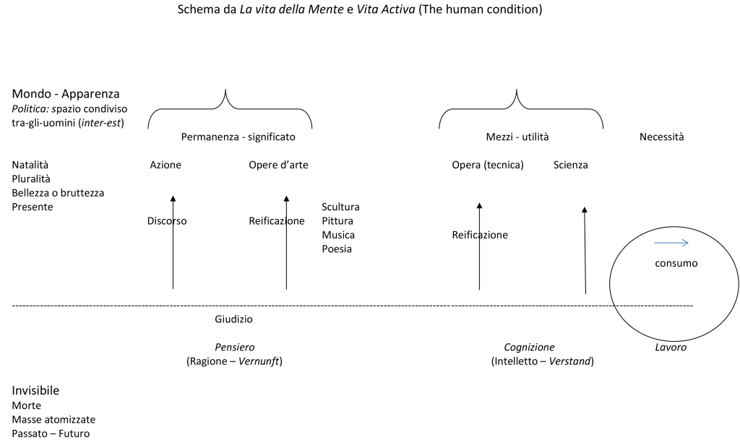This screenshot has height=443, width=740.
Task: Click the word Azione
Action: pos(165,165)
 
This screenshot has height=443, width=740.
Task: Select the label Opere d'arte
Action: pos(278,165)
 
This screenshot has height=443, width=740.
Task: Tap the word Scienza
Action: pos(571,165)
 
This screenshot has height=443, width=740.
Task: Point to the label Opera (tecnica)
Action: pos(488,165)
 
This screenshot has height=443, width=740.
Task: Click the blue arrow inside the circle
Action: pos(671,243)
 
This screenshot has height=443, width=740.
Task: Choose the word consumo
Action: pos(676,263)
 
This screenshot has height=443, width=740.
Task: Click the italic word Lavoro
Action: pos(671,347)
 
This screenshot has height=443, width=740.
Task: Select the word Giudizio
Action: pos(233,319)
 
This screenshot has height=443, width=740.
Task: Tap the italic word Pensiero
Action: pos(235,347)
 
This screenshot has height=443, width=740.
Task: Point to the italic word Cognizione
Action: pos(529,347)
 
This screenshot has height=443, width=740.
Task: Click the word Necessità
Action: pos(662,137)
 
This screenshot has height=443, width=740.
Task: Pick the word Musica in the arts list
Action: pos(338,235)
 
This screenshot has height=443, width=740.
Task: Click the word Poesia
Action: pos(337,249)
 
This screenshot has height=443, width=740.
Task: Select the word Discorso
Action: pos(167,221)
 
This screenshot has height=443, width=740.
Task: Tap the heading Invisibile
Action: pos(35,390)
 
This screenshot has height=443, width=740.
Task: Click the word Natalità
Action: pos(30,165)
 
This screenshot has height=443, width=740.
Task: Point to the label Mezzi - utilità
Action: pos(517,137)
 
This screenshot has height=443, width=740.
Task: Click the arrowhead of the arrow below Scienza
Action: pos(584,210)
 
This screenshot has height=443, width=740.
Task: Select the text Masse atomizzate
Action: pos(53,419)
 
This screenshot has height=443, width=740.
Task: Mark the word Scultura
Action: pos(341,207)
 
